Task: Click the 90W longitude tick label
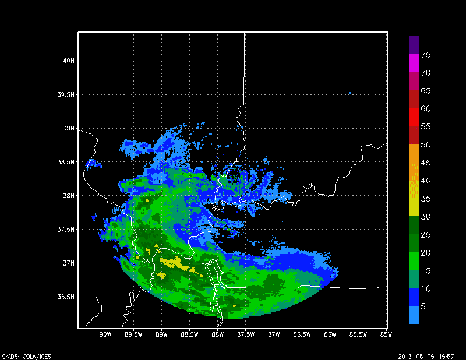[105, 334]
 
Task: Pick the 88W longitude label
[218, 334]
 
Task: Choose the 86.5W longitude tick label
[302, 334]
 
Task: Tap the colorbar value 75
[426, 55]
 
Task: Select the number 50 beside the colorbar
[426, 144]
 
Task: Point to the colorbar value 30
[426, 217]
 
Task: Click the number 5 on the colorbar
[423, 306]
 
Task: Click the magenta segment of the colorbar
[414, 63]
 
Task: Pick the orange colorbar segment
[414, 153]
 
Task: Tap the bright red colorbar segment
[414, 117]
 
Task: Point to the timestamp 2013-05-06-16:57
[431, 355]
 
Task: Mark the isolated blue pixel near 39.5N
[350, 93]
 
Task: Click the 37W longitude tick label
[274, 334]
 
